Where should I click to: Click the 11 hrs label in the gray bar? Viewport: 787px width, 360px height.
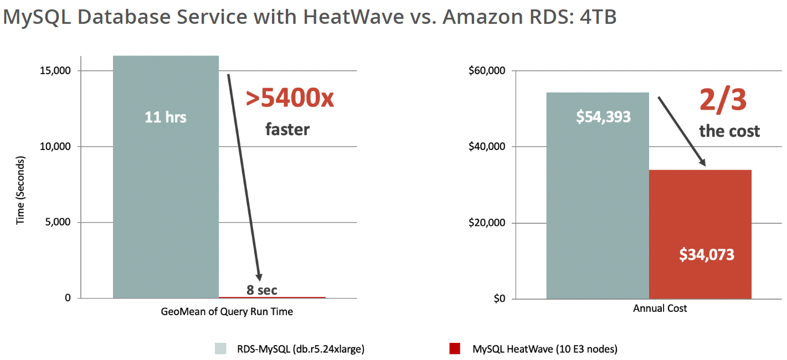click(x=166, y=117)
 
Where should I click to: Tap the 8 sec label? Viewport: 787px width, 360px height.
click(x=262, y=290)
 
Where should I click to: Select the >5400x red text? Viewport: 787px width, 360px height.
click(x=291, y=99)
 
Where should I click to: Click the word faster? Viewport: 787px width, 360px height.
click(x=287, y=130)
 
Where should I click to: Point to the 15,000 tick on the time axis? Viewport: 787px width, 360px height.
click(x=56, y=71)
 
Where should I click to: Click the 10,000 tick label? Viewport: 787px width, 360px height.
click(x=56, y=147)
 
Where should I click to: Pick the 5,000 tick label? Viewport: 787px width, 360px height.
click(x=58, y=223)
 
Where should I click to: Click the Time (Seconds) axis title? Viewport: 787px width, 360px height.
click(x=20, y=190)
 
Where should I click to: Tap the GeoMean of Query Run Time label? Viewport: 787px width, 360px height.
click(x=227, y=312)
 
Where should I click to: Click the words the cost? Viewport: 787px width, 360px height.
click(x=729, y=131)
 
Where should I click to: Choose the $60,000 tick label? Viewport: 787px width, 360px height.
click(x=487, y=71)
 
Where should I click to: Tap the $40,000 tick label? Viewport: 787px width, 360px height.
click(x=487, y=147)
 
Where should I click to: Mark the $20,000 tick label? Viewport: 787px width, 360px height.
click(x=487, y=223)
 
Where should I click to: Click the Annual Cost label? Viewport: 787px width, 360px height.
click(x=660, y=308)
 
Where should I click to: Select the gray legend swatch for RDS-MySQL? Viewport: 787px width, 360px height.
click(x=220, y=349)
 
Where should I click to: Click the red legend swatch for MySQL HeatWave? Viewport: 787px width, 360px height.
click(x=455, y=349)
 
